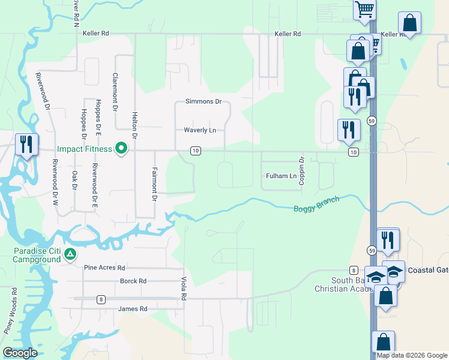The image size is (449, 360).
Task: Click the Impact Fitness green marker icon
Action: point(121,148)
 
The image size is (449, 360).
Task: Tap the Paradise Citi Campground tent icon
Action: point(70,254)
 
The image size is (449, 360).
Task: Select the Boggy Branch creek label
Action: point(316,205)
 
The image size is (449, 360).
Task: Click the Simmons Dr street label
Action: point(203,101)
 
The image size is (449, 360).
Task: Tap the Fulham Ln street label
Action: point(281,176)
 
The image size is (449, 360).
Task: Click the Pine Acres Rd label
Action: point(104,268)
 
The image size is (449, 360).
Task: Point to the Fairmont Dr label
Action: point(154,184)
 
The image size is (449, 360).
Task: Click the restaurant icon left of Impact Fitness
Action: point(26,145)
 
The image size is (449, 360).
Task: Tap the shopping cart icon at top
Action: point(364,10)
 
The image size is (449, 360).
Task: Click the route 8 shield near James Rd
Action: point(101,299)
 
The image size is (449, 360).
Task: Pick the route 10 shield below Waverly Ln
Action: point(195,151)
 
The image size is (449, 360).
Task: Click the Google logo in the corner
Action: point(20,353)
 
